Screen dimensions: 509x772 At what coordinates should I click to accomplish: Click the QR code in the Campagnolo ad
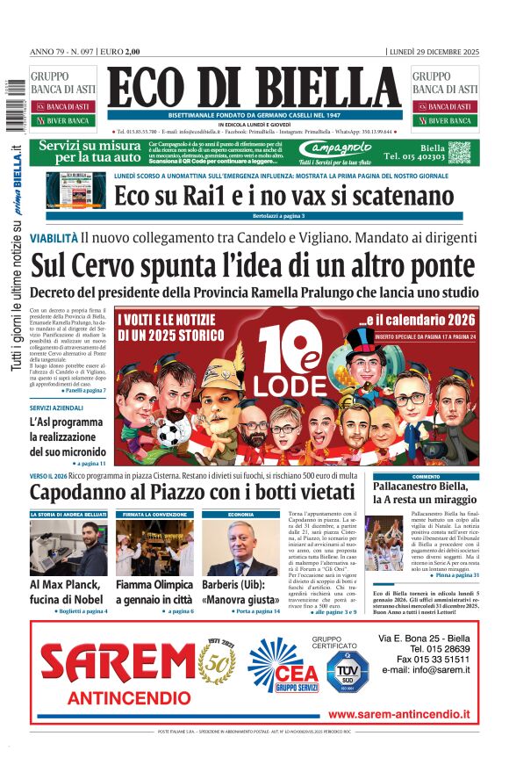[x=461, y=152]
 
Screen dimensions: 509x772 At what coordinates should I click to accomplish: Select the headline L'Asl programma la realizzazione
[x=68, y=437]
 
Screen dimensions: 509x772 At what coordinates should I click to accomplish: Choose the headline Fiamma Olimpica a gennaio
[x=154, y=591]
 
